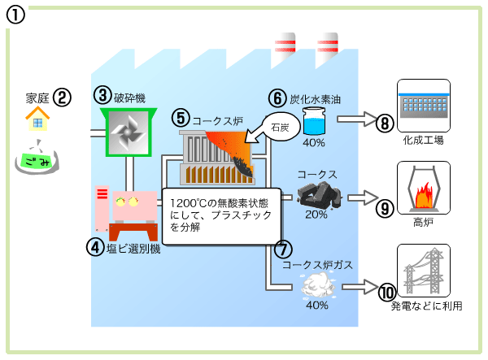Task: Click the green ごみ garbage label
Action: tap(37, 161)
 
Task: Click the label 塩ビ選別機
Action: tap(133, 249)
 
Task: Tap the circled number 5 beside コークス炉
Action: tap(181, 118)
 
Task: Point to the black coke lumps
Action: tap(317, 195)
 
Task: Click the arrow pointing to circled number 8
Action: tap(357, 119)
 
